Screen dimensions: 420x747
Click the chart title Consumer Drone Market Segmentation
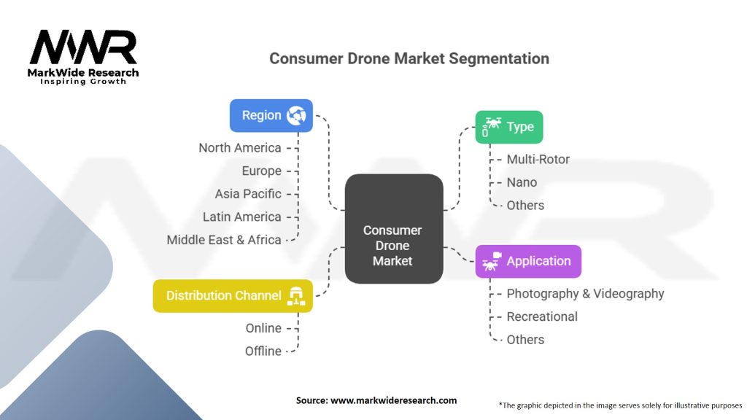pos(409,58)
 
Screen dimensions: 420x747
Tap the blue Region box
pos(271,115)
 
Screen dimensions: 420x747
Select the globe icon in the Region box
pos(296,115)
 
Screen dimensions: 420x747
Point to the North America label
pos(239,148)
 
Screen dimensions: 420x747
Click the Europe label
pos(261,171)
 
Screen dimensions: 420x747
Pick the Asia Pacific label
pos(247,194)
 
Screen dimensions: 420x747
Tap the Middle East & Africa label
pos(223,240)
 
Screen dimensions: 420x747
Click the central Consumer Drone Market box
pos(393,229)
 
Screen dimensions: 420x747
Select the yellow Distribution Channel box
pos(233,295)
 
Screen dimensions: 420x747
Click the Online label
pos(263,328)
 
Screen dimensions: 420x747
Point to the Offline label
pos(263,351)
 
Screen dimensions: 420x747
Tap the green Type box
pos(509,127)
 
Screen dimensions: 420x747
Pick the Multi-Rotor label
pos(538,159)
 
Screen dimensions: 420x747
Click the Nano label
pos(522,182)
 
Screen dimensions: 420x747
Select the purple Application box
pos(528,261)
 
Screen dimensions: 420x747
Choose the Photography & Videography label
pos(585,293)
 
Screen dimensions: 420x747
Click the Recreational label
pos(542,316)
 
